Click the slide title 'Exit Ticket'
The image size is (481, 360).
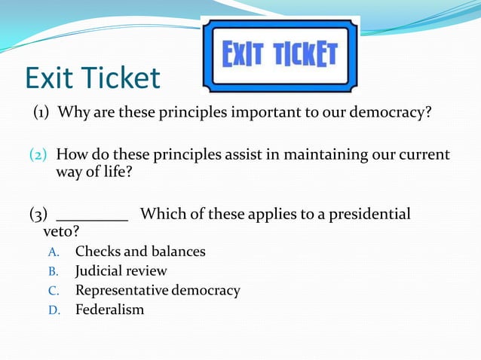tap(92, 78)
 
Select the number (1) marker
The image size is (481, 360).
tap(41, 113)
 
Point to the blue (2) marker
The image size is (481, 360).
tap(38, 155)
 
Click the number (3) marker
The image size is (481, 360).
tap(38, 214)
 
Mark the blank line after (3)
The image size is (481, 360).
tap(92, 215)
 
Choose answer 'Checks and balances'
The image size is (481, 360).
tap(139, 252)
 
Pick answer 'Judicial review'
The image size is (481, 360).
tap(121, 270)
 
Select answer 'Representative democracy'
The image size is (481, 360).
tap(157, 290)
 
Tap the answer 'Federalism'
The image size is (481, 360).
tap(109, 310)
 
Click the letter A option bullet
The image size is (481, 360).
tap(54, 252)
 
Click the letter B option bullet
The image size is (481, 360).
tap(54, 271)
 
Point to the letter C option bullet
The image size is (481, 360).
tap(54, 291)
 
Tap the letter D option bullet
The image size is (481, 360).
tap(54, 310)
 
